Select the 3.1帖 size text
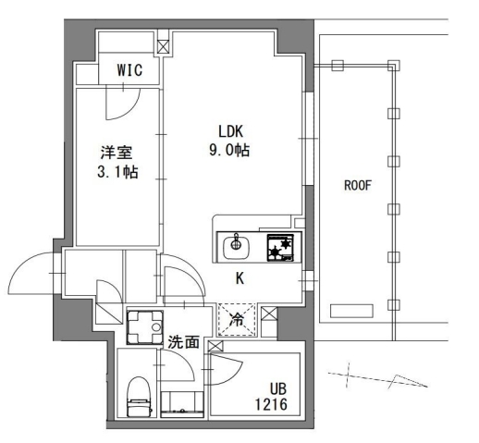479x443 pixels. pyautogui.click(x=117, y=173)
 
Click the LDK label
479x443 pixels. pyautogui.click(x=231, y=132)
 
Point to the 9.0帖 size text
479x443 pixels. pyautogui.click(x=231, y=151)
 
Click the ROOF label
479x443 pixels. pyautogui.click(x=357, y=186)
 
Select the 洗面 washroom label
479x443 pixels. pyautogui.click(x=183, y=342)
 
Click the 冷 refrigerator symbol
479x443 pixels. pyautogui.click(x=237, y=320)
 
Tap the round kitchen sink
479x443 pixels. pyautogui.click(x=236, y=246)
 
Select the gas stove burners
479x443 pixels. pyautogui.click(x=279, y=247)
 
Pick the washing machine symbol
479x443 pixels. pyautogui.click(x=143, y=326)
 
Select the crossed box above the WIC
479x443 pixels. pyautogui.click(x=164, y=44)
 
